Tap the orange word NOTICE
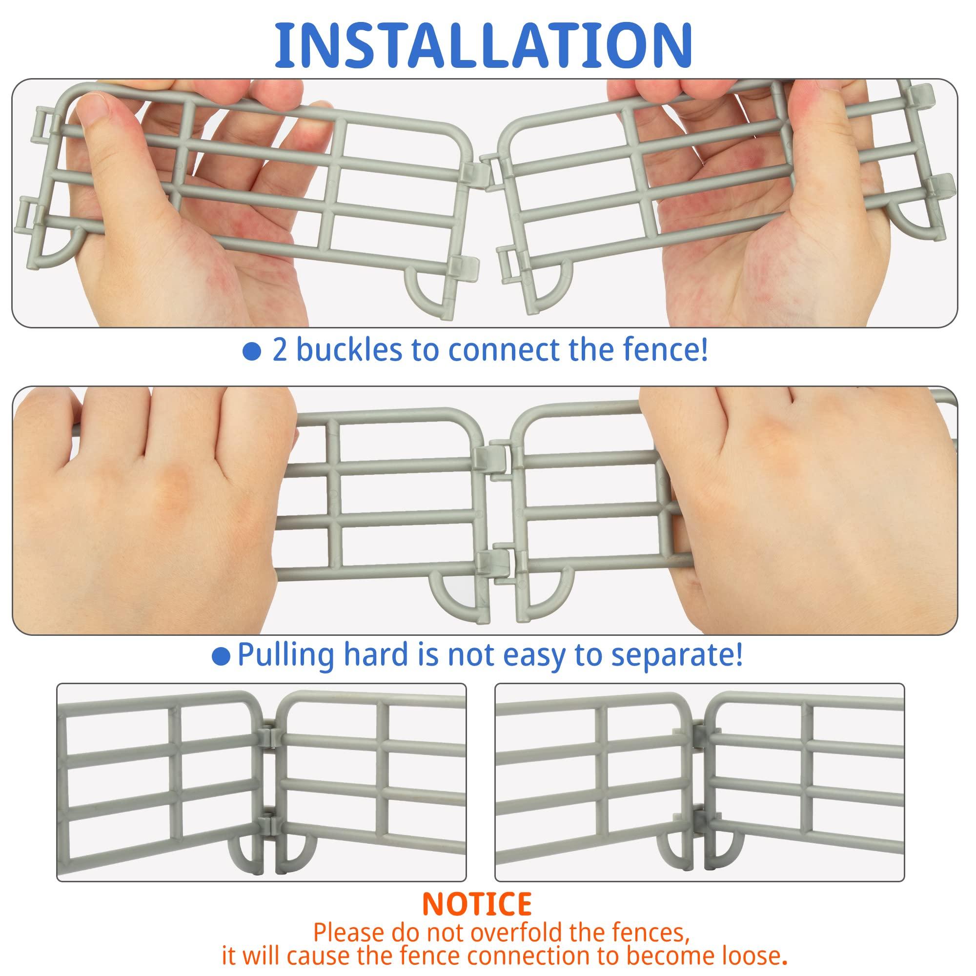pos(477,904)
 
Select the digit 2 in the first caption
pos(280,350)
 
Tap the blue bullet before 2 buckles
pos(252,351)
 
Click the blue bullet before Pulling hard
pos(221,657)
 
